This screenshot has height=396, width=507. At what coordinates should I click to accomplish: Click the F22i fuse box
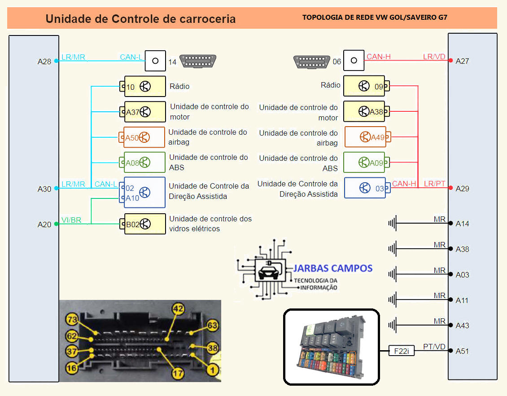point(402,351)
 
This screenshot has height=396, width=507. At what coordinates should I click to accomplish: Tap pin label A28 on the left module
point(44,62)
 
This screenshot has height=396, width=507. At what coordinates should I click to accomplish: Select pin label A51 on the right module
point(462,351)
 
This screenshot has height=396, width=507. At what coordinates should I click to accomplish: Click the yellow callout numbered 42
point(179,308)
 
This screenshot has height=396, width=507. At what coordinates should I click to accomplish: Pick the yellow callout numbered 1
point(213,370)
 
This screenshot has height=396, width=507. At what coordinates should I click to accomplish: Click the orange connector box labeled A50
point(142,138)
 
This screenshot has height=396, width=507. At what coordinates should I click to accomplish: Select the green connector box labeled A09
point(367,163)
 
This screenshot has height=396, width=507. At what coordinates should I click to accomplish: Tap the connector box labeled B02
point(142,224)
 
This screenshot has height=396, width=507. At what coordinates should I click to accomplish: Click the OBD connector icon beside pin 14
point(198,61)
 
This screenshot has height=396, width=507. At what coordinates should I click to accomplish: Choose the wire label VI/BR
point(71,220)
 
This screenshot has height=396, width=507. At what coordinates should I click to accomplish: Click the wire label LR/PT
point(435,184)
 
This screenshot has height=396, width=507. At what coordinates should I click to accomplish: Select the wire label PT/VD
point(434,347)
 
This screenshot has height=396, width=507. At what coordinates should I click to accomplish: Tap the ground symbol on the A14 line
point(393,223)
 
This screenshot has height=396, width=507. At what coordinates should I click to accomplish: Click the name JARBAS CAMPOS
point(333,268)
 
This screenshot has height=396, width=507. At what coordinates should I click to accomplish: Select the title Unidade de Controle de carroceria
point(140,19)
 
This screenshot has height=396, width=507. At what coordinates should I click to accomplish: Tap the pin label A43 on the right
point(462,326)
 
